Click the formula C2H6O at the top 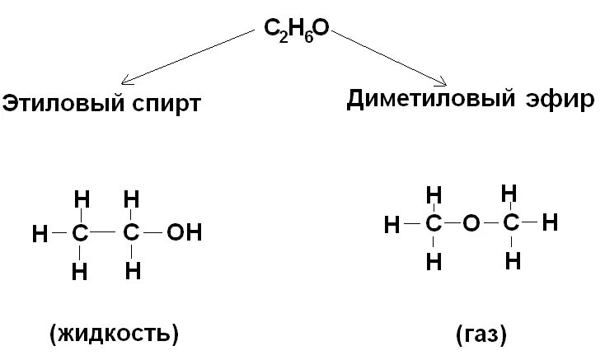[x=296, y=30]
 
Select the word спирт [x=166, y=105]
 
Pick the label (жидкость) [x=115, y=334]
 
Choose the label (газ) [x=480, y=334]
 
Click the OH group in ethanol [x=183, y=233]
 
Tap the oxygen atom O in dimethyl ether [x=470, y=223]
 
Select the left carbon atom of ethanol [x=80, y=234]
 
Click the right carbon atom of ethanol [x=131, y=234]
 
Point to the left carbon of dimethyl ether [x=433, y=223]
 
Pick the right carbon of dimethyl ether [x=510, y=222]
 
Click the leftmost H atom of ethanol [x=39, y=234]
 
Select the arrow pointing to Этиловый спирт [x=190, y=56]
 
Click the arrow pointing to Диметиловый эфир [x=387, y=56]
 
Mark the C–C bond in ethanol [x=106, y=234]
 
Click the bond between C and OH [x=152, y=234]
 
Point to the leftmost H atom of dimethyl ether [x=393, y=223]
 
